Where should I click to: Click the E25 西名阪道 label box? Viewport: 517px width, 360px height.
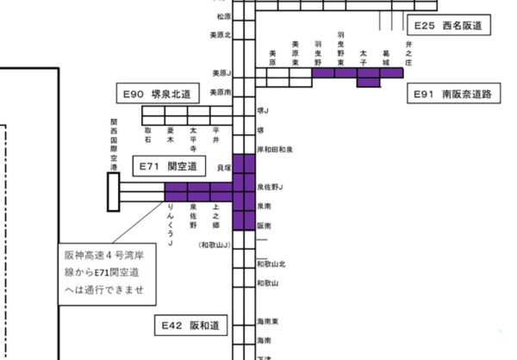coord(446,27)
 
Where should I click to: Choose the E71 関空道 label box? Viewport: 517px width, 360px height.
coord(170,164)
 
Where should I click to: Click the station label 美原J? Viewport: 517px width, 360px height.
coord(222,73)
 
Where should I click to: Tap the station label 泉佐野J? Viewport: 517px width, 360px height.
coord(271,186)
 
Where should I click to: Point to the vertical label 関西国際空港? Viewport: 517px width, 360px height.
coord(113,144)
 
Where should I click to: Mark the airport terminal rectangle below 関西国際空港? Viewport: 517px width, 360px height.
coord(112,192)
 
